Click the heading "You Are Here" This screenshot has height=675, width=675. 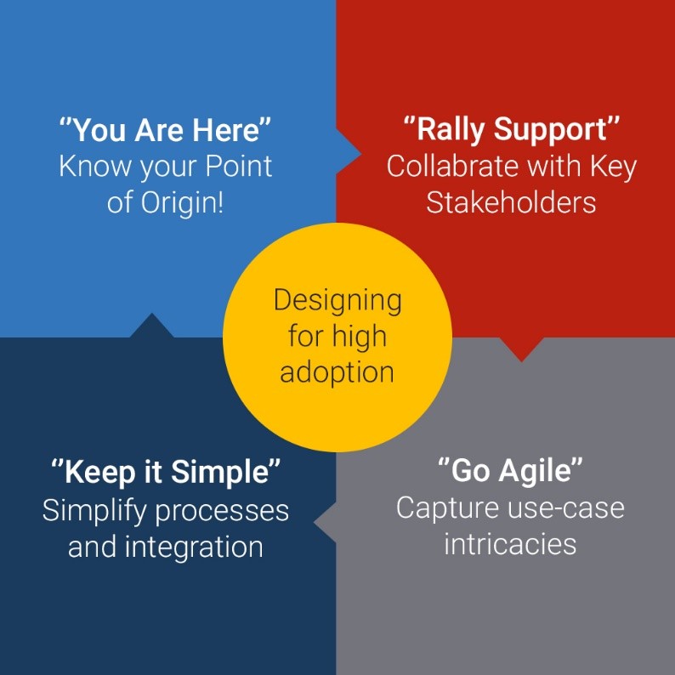click(165, 129)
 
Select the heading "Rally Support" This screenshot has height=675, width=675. click(512, 129)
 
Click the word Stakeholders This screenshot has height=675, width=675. click(511, 202)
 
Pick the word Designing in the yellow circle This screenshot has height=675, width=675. click(338, 301)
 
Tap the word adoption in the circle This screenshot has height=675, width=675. click(337, 372)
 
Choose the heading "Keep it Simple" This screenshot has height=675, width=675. click(165, 472)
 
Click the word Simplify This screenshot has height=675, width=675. click(94, 512)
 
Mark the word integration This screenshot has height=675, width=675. click(194, 547)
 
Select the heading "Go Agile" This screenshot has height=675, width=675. click(510, 470)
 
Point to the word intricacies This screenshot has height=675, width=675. click(510, 544)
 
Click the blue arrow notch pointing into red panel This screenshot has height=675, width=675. click(349, 153)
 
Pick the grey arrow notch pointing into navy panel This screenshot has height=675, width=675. click(325, 522)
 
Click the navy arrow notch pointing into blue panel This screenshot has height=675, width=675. click(151, 326)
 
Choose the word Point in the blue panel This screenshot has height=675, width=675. click(239, 166)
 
